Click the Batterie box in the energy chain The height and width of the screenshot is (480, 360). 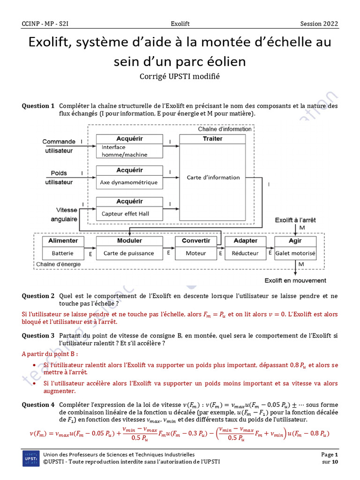pyautogui.click(x=63, y=253)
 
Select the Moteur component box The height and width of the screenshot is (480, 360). pyautogui.click(x=196, y=253)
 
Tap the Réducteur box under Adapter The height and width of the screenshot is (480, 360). pyautogui.click(x=245, y=253)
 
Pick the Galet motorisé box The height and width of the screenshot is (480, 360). pyautogui.click(x=295, y=253)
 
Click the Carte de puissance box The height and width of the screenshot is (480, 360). pyautogui.click(x=128, y=253)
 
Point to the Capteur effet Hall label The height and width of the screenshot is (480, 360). pyautogui.click(x=125, y=214)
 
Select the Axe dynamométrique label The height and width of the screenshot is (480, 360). pyautogui.click(x=129, y=182)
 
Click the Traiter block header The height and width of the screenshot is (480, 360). pyautogui.click(x=212, y=139)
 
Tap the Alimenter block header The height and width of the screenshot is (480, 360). pyautogui.click(x=63, y=241)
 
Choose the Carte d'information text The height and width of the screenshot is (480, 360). pyautogui.click(x=213, y=178)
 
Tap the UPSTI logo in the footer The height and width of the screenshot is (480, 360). pyautogui.click(x=31, y=458)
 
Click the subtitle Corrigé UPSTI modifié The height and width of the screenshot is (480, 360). pyautogui.click(x=180, y=76)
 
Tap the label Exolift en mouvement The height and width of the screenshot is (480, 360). pyautogui.click(x=295, y=280)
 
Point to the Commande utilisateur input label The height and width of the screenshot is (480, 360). pyautogui.click(x=59, y=146)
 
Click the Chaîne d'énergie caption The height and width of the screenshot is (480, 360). pyautogui.click(x=59, y=264)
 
